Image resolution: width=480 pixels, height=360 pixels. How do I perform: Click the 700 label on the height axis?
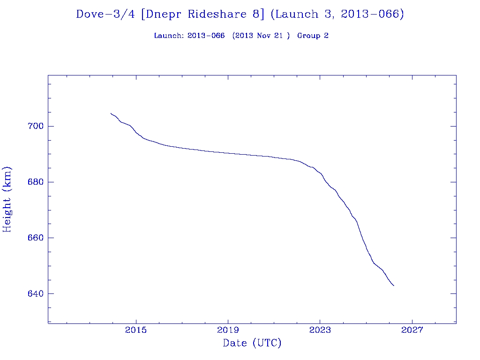point(36,127)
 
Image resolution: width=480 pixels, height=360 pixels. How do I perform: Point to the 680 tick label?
point(36,182)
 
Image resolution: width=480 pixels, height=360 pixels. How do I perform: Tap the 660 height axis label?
point(36,238)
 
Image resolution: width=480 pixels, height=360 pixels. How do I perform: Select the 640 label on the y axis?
point(36,294)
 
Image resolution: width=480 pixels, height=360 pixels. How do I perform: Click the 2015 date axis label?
point(136,330)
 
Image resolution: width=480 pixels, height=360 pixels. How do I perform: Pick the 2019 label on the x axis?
point(228,330)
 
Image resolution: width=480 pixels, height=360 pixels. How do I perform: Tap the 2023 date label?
point(320,330)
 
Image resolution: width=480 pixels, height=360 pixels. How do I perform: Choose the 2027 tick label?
point(412,330)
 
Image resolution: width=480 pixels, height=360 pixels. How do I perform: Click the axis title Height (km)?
point(7,199)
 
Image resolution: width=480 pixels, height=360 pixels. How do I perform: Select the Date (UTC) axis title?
point(252,343)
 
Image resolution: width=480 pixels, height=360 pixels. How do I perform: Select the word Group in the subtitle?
point(307,36)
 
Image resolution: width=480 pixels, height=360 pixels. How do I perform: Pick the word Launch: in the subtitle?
point(169,36)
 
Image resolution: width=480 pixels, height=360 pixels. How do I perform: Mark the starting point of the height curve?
point(111,113)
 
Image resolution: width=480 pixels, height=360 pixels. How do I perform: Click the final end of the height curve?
point(394,285)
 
